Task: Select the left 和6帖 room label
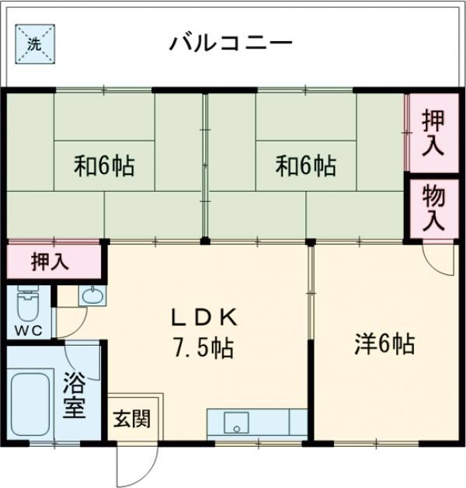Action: (104, 165)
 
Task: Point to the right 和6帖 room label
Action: (306, 165)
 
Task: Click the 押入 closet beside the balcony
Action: (433, 133)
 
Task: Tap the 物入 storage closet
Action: (433, 207)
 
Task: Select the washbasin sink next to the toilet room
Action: (92, 296)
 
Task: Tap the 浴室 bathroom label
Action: (74, 397)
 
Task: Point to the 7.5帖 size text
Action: (203, 347)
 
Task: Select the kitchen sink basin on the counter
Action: (235, 422)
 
